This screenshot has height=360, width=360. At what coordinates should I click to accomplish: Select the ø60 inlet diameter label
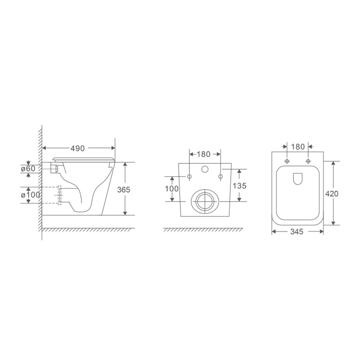pyautogui.click(x=29, y=169)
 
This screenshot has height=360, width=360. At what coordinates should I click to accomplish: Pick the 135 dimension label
pyautogui.click(x=239, y=185)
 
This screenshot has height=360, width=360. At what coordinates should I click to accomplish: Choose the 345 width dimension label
pyautogui.click(x=297, y=232)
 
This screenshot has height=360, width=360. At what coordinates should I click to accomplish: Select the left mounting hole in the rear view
pyautogui.click(x=189, y=176)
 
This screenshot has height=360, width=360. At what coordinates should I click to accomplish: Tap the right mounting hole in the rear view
pyautogui.click(x=220, y=176)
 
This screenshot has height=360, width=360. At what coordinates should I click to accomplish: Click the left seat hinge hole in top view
pyautogui.click(x=287, y=161)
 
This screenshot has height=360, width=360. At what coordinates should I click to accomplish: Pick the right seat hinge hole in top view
pyautogui.click(x=308, y=161)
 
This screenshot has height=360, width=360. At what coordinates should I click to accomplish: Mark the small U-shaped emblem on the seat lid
pyautogui.click(x=297, y=179)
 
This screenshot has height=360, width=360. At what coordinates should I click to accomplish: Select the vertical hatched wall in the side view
pyautogui.click(x=40, y=180)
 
